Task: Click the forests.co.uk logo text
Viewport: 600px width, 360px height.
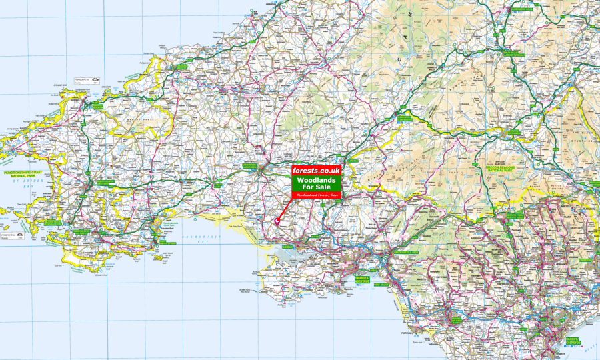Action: (x=317, y=171)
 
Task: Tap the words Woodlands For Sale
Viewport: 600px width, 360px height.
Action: (x=317, y=183)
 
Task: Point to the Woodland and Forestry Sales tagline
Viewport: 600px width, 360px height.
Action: (x=317, y=195)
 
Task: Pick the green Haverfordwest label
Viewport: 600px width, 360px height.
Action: (x=105, y=182)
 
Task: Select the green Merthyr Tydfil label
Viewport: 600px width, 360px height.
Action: (x=514, y=215)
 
